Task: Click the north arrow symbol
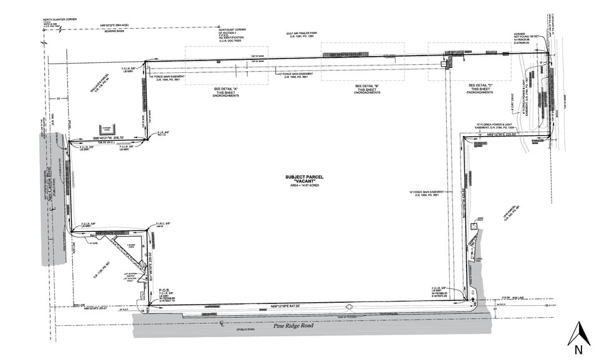tap(578, 334)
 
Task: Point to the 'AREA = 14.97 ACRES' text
tap(305, 186)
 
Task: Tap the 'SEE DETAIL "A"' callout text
tap(226, 88)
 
